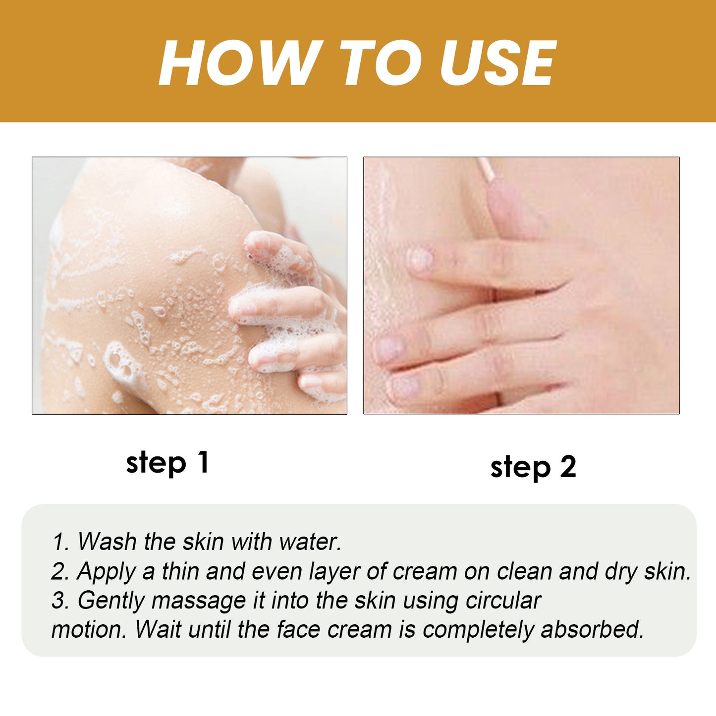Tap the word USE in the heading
coord(497,63)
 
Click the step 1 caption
coord(167,463)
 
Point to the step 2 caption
coord(533,467)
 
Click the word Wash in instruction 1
coord(107,541)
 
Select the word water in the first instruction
coord(310,541)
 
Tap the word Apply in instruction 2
coord(106,571)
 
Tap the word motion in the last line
coord(88,629)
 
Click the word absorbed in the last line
coord(592,629)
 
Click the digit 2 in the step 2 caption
coord(568,467)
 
